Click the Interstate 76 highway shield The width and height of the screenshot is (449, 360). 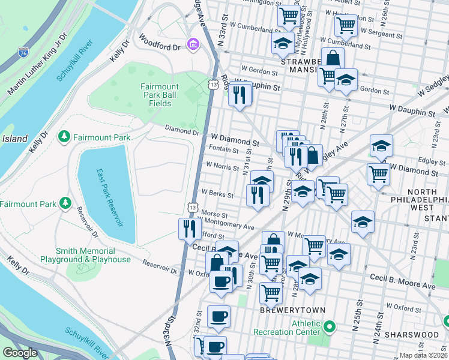23,52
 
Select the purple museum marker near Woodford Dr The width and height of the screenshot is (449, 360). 193,44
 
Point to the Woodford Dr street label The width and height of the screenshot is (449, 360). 160,43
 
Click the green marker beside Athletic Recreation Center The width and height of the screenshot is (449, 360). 328,327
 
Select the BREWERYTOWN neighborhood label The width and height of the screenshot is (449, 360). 292,310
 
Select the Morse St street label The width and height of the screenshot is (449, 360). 214,214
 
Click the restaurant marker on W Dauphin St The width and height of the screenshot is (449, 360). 240,95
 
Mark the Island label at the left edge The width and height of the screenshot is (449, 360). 14,139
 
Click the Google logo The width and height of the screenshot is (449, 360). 20,353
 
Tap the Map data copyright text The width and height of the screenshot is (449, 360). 423,355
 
